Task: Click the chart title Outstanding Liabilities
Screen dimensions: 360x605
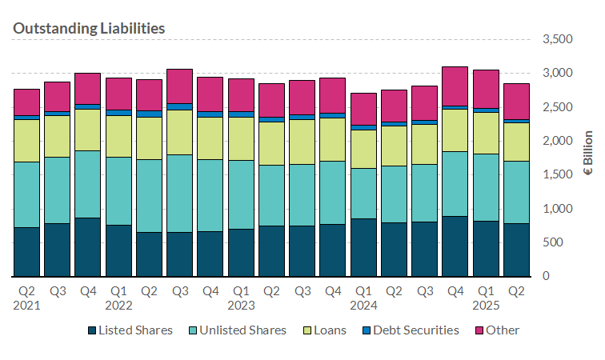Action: pos(89,28)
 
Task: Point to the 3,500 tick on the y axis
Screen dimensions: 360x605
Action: pos(557,39)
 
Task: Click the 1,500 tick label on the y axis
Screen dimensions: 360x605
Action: pos(557,175)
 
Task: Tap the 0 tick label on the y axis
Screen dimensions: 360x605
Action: pos(569,277)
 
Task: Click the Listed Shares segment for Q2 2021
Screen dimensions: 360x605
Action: pos(27,252)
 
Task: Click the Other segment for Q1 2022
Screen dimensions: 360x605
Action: pos(118,94)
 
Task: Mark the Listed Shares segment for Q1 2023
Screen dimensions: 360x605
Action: pos(240,252)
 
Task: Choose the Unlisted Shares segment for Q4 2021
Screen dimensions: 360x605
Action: pos(88,184)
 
